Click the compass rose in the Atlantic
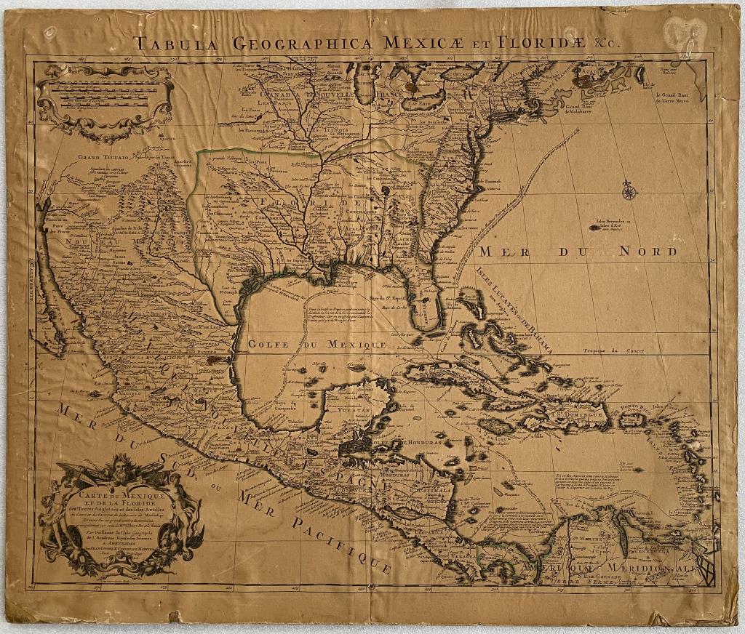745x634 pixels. (x=629, y=192)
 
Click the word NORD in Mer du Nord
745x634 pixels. (x=644, y=252)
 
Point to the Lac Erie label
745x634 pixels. (x=419, y=104)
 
